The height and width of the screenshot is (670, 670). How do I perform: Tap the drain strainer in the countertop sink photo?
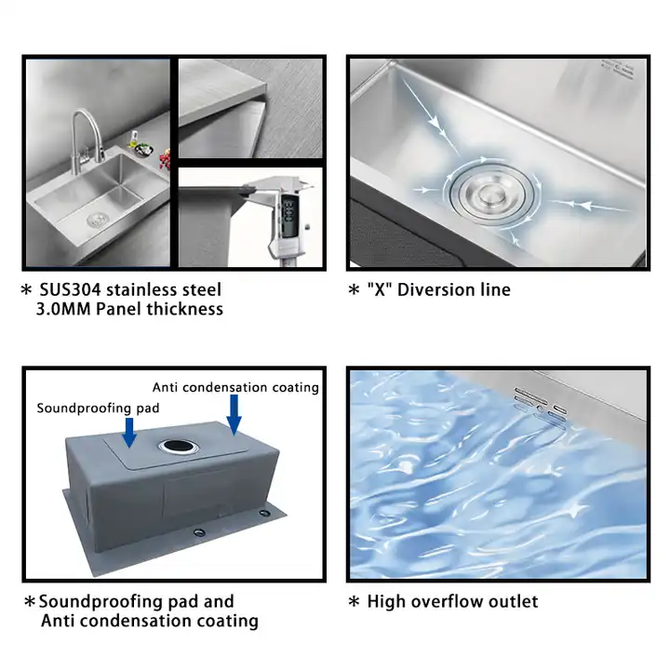(95, 221)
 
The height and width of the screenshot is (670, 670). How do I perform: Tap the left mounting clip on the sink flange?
(199, 531)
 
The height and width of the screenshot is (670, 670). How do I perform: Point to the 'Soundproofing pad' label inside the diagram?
(98, 408)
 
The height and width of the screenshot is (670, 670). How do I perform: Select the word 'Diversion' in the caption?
(435, 289)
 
